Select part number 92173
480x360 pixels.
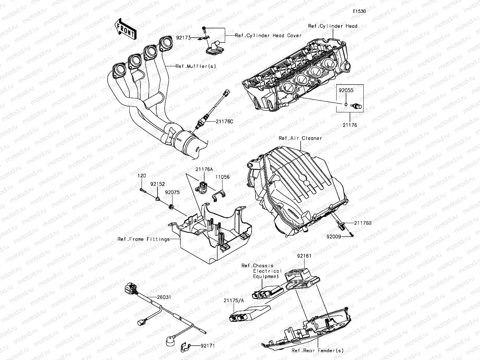(x=183, y=38)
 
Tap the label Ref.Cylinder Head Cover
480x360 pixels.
(x=268, y=36)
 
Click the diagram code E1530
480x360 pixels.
(x=359, y=11)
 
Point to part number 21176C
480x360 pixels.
(x=224, y=121)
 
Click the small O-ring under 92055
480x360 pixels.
(x=345, y=105)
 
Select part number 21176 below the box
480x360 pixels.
(x=350, y=125)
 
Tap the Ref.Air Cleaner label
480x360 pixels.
(x=300, y=138)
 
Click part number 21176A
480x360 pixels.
(x=204, y=169)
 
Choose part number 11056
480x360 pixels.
(x=222, y=177)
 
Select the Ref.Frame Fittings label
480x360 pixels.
(x=143, y=239)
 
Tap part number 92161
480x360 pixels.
(x=304, y=256)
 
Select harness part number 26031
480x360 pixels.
(x=164, y=298)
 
